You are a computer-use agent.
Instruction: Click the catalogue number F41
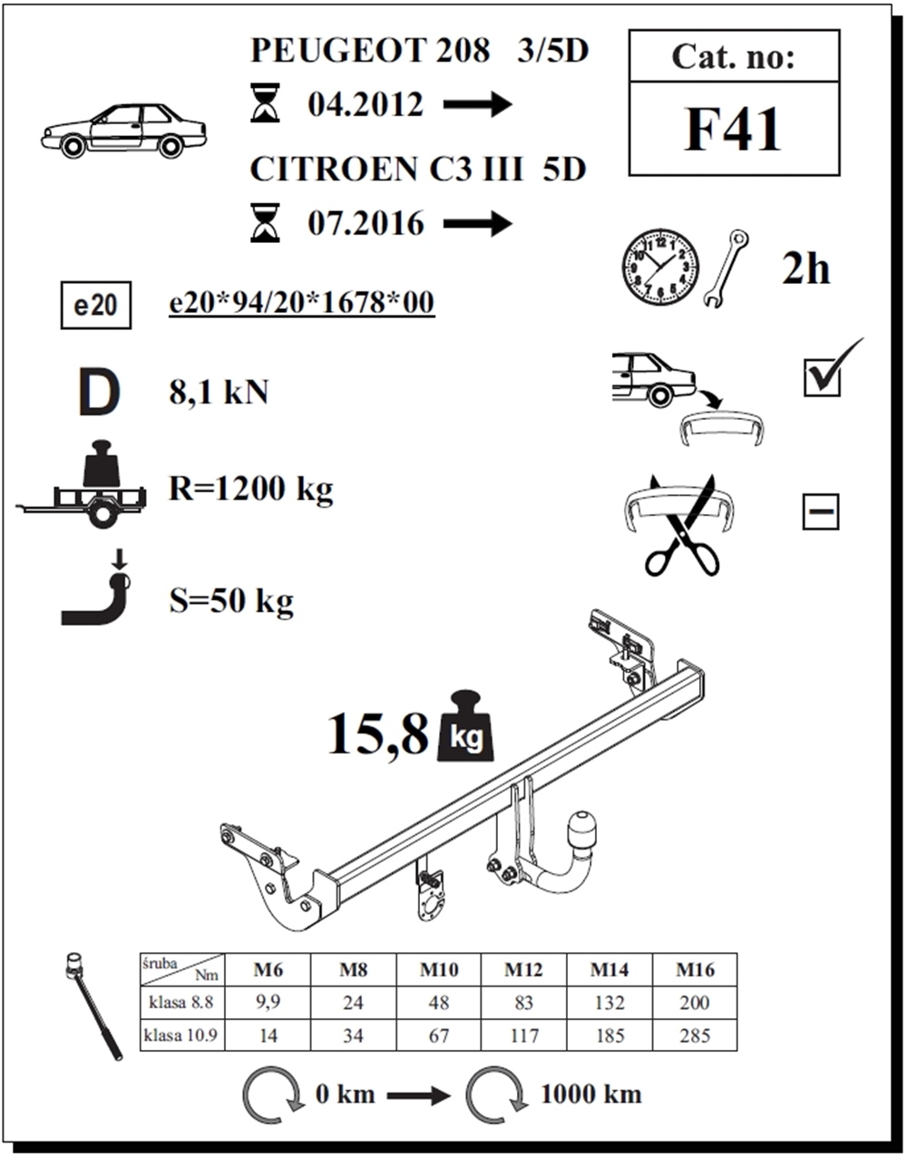[733, 129]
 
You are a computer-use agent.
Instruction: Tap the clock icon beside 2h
[660, 267]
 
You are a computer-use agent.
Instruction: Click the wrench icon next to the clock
[726, 268]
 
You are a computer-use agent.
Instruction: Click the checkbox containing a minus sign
[821, 512]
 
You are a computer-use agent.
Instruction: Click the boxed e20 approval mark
[95, 305]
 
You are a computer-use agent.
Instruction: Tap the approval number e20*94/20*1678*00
[301, 303]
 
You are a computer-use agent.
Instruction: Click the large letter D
[98, 393]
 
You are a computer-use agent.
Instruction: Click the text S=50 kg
[231, 600]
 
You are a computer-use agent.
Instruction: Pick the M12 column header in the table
[523, 970]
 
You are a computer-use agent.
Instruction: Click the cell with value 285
[694, 1035]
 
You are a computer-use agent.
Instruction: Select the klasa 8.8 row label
[181, 1003]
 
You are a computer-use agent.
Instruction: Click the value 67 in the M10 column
[438, 1035]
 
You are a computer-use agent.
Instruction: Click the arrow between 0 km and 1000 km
[418, 1095]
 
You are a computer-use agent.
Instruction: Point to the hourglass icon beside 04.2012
[266, 103]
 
